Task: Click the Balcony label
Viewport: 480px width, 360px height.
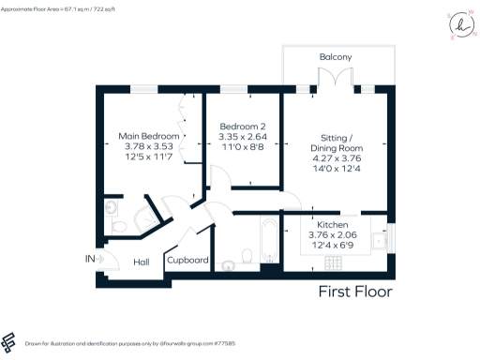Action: click(x=335, y=58)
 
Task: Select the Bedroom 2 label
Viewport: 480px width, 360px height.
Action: click(x=243, y=127)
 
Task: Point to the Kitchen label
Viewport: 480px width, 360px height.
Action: click(x=334, y=226)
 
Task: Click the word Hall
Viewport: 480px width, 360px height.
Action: click(x=142, y=262)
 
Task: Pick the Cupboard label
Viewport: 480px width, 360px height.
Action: click(x=187, y=261)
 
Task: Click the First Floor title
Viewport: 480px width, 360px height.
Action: click(x=355, y=292)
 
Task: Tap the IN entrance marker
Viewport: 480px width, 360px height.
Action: click(x=90, y=259)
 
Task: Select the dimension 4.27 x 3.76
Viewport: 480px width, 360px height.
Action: click(x=336, y=159)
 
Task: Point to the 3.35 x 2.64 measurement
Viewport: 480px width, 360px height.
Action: click(x=243, y=137)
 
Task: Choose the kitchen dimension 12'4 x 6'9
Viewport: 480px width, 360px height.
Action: click(x=334, y=247)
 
